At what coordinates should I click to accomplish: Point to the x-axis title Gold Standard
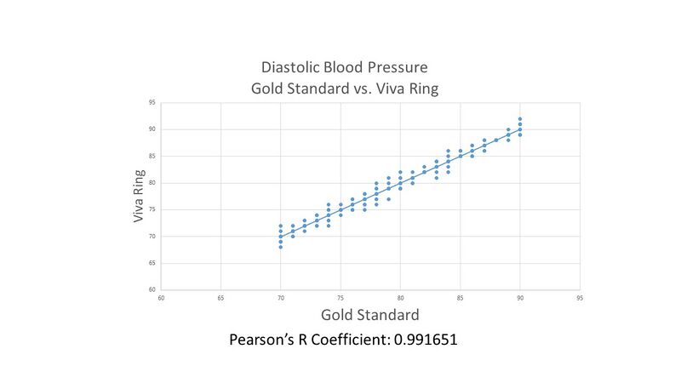point(369,315)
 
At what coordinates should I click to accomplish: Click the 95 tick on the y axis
point(152,103)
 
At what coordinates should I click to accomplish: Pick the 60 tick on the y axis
point(152,290)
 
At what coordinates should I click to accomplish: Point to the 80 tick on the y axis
point(152,183)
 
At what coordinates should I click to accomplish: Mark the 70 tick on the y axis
point(152,237)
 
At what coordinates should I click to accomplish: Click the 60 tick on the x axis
point(161,299)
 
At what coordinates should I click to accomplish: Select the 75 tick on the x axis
point(340,299)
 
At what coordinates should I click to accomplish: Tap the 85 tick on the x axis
point(461,299)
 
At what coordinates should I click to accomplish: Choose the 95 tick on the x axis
point(580,299)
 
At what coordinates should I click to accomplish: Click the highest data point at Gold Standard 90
point(520,119)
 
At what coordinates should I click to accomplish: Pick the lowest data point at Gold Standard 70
point(281,247)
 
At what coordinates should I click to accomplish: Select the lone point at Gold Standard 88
point(496,140)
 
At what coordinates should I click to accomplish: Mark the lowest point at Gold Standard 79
point(388,199)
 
